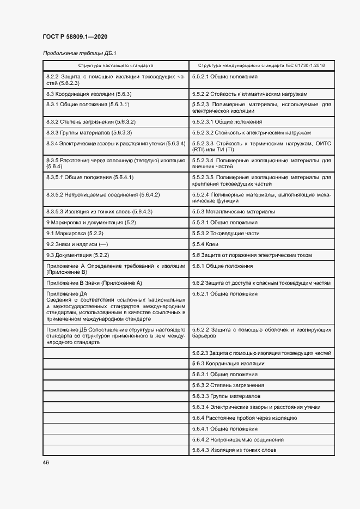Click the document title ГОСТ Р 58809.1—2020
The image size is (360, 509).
(75, 36)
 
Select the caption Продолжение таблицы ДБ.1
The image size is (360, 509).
(80, 53)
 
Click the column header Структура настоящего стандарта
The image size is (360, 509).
(115, 65)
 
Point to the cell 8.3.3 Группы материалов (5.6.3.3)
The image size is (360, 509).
(89, 133)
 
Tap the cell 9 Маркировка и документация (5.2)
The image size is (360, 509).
(91, 223)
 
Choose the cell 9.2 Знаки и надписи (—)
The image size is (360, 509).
(77, 244)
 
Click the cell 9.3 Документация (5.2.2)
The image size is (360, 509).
(78, 255)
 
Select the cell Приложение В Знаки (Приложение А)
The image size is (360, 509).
(94, 283)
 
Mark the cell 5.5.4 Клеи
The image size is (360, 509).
(205, 244)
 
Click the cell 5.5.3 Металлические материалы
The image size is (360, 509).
(233, 211)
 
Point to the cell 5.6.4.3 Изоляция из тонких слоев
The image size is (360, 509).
(234, 450)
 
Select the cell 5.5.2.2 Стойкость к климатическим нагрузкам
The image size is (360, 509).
(253, 94)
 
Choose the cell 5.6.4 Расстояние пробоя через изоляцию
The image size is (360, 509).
(244, 418)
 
